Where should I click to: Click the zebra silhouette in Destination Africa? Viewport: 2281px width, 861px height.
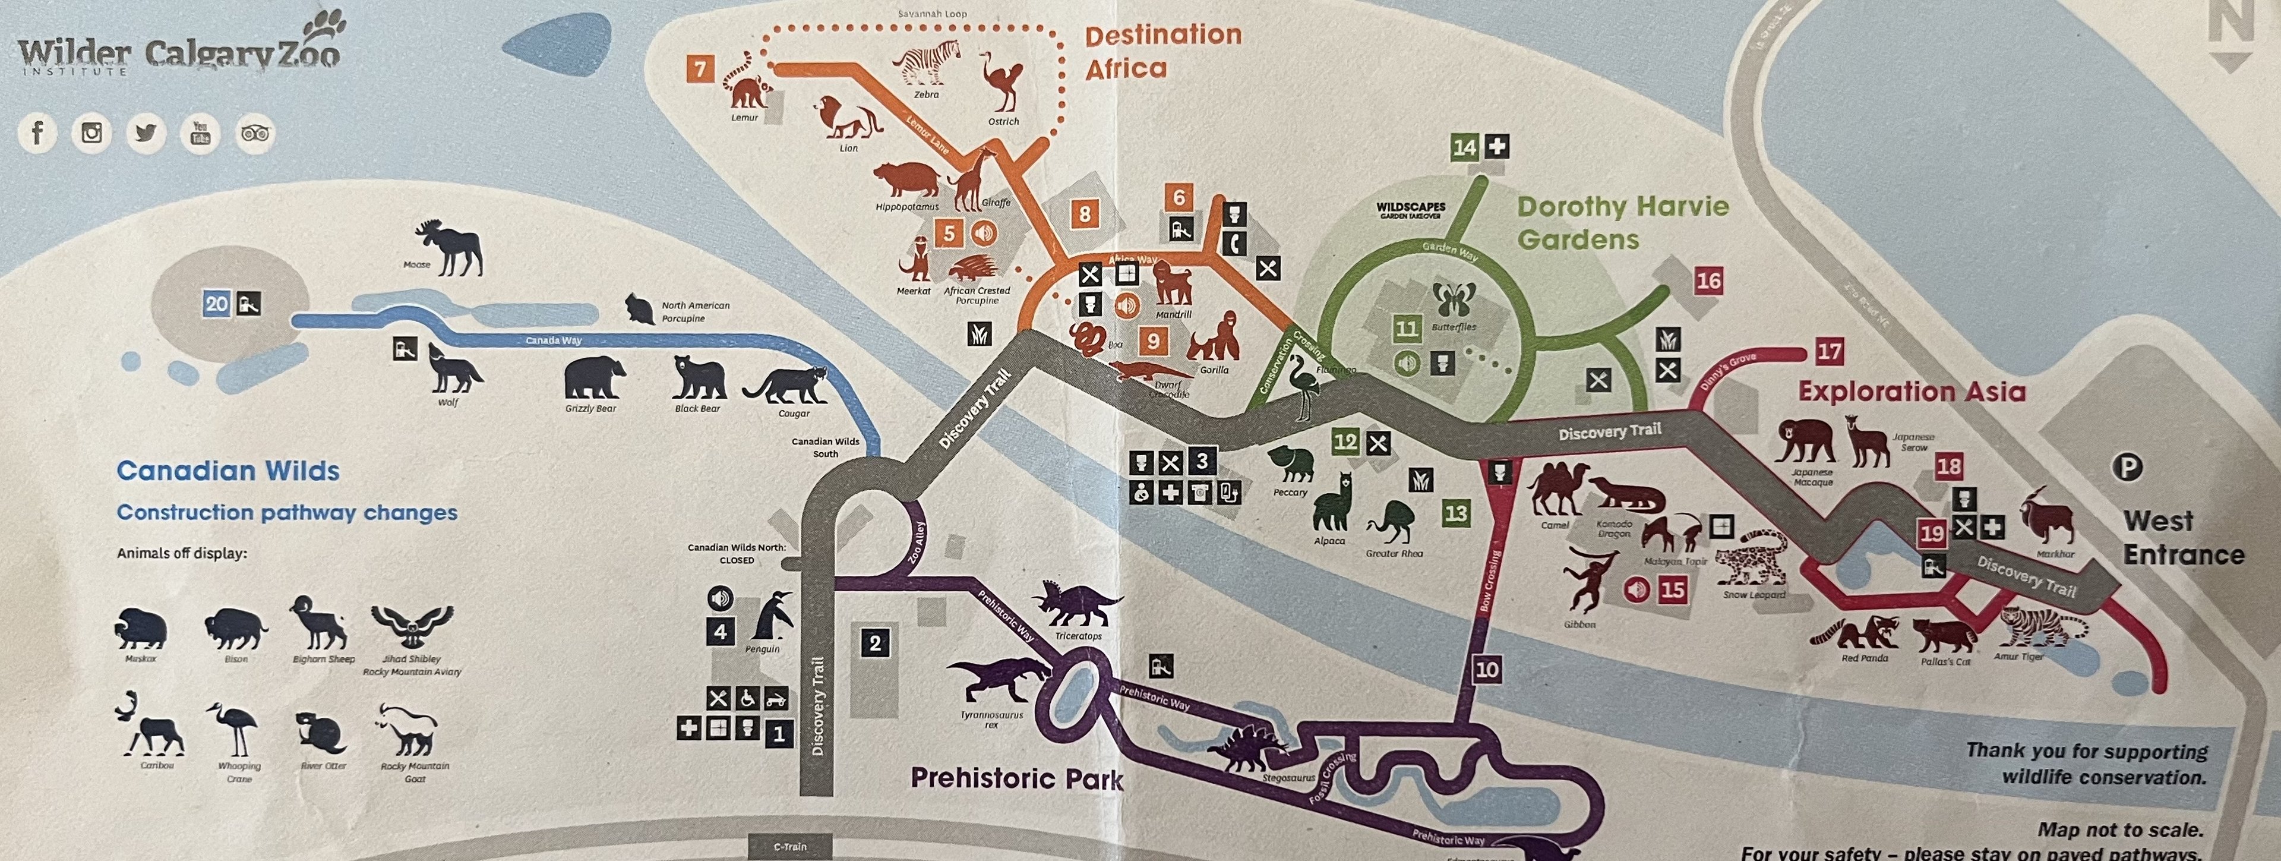(926, 63)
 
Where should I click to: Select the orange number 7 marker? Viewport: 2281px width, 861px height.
(700, 68)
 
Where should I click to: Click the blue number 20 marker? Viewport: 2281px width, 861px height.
(217, 304)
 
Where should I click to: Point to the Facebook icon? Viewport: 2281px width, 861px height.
(37, 133)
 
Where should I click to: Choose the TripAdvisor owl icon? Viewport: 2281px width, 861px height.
(255, 134)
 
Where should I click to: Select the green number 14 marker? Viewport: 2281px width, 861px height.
(1465, 147)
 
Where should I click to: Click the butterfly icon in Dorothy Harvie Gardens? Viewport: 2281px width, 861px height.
(1454, 300)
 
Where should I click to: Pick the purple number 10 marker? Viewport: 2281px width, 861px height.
(1487, 670)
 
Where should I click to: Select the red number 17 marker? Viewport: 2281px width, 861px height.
(1830, 352)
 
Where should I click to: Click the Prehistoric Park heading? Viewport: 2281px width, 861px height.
(1016, 778)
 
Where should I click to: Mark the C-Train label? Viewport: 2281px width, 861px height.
(791, 847)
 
